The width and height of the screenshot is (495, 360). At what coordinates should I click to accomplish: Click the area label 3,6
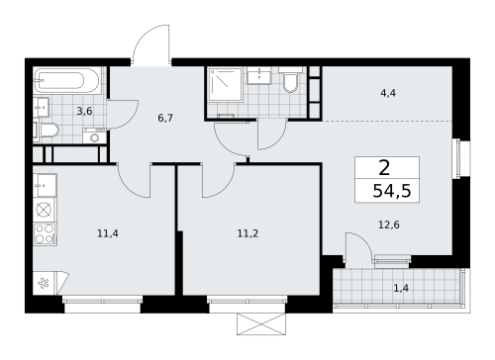85,112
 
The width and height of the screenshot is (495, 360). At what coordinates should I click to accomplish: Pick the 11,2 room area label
247,235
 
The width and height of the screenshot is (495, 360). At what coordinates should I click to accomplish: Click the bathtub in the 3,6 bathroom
65,78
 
